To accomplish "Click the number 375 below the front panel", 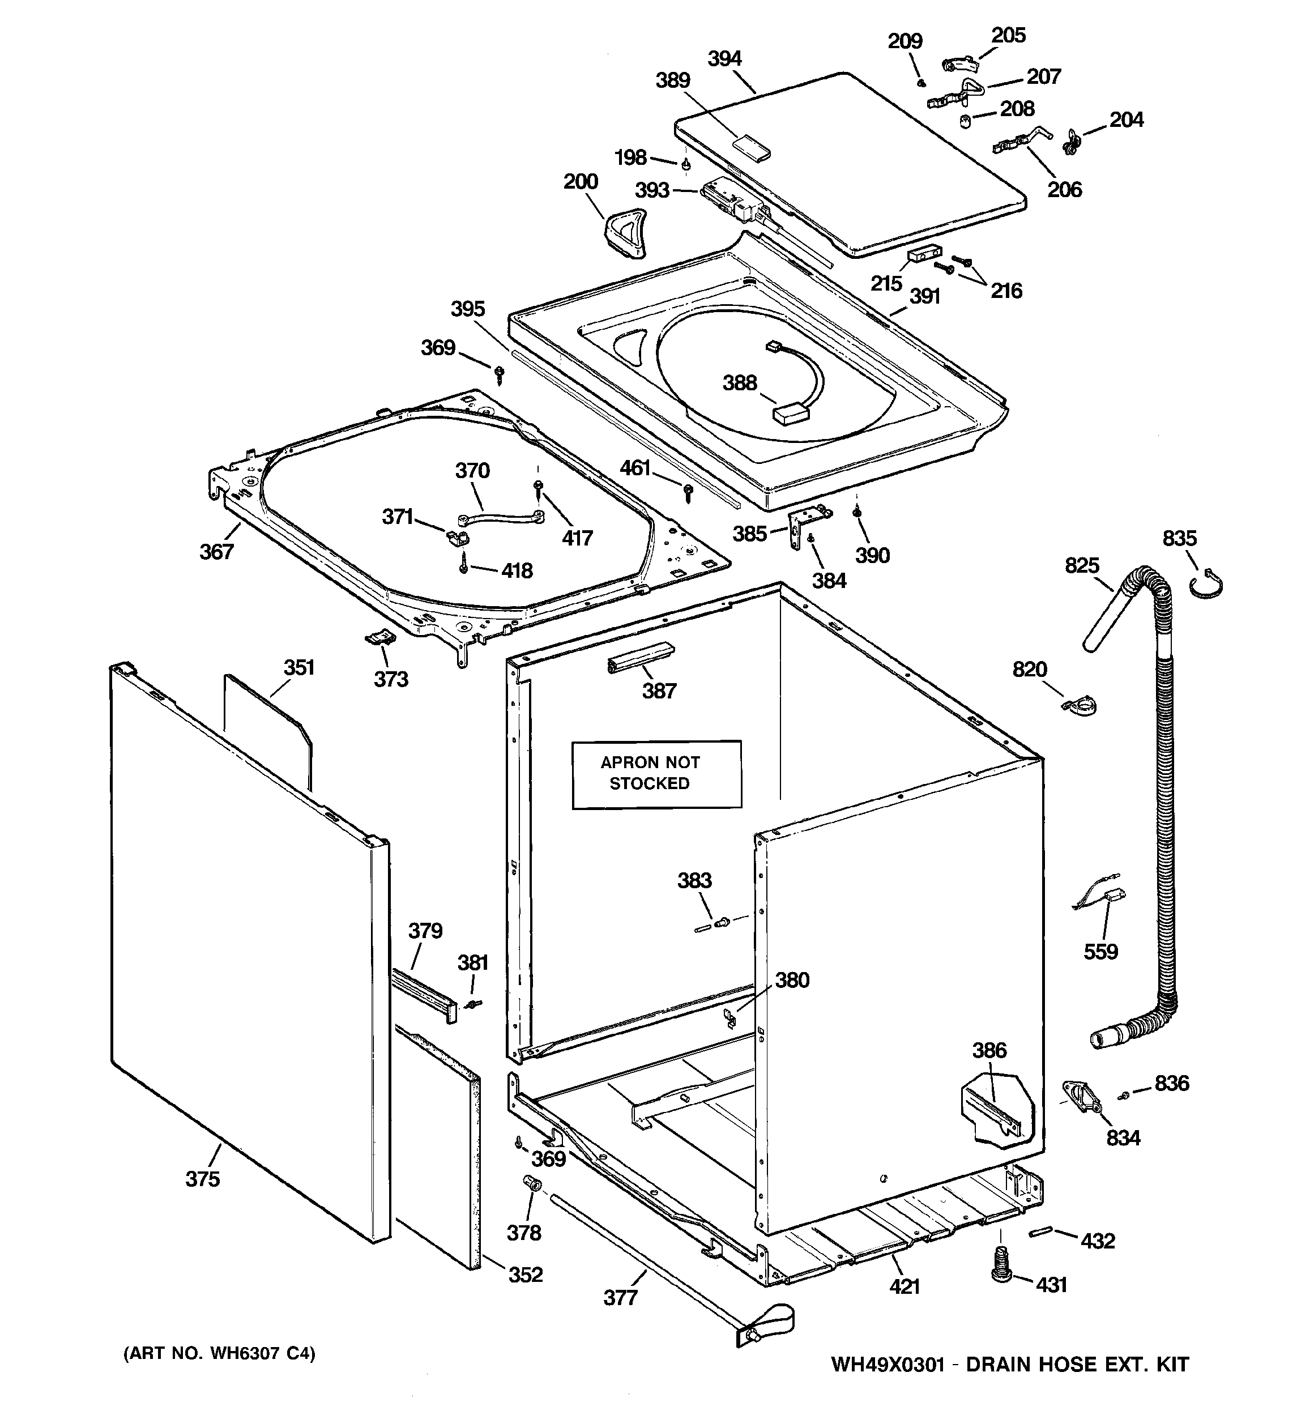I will (202, 1178).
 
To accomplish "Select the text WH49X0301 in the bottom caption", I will (888, 1364).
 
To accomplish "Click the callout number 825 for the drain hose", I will (1082, 565).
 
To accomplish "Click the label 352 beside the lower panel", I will (526, 1275).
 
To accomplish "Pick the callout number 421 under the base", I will (904, 1286).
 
